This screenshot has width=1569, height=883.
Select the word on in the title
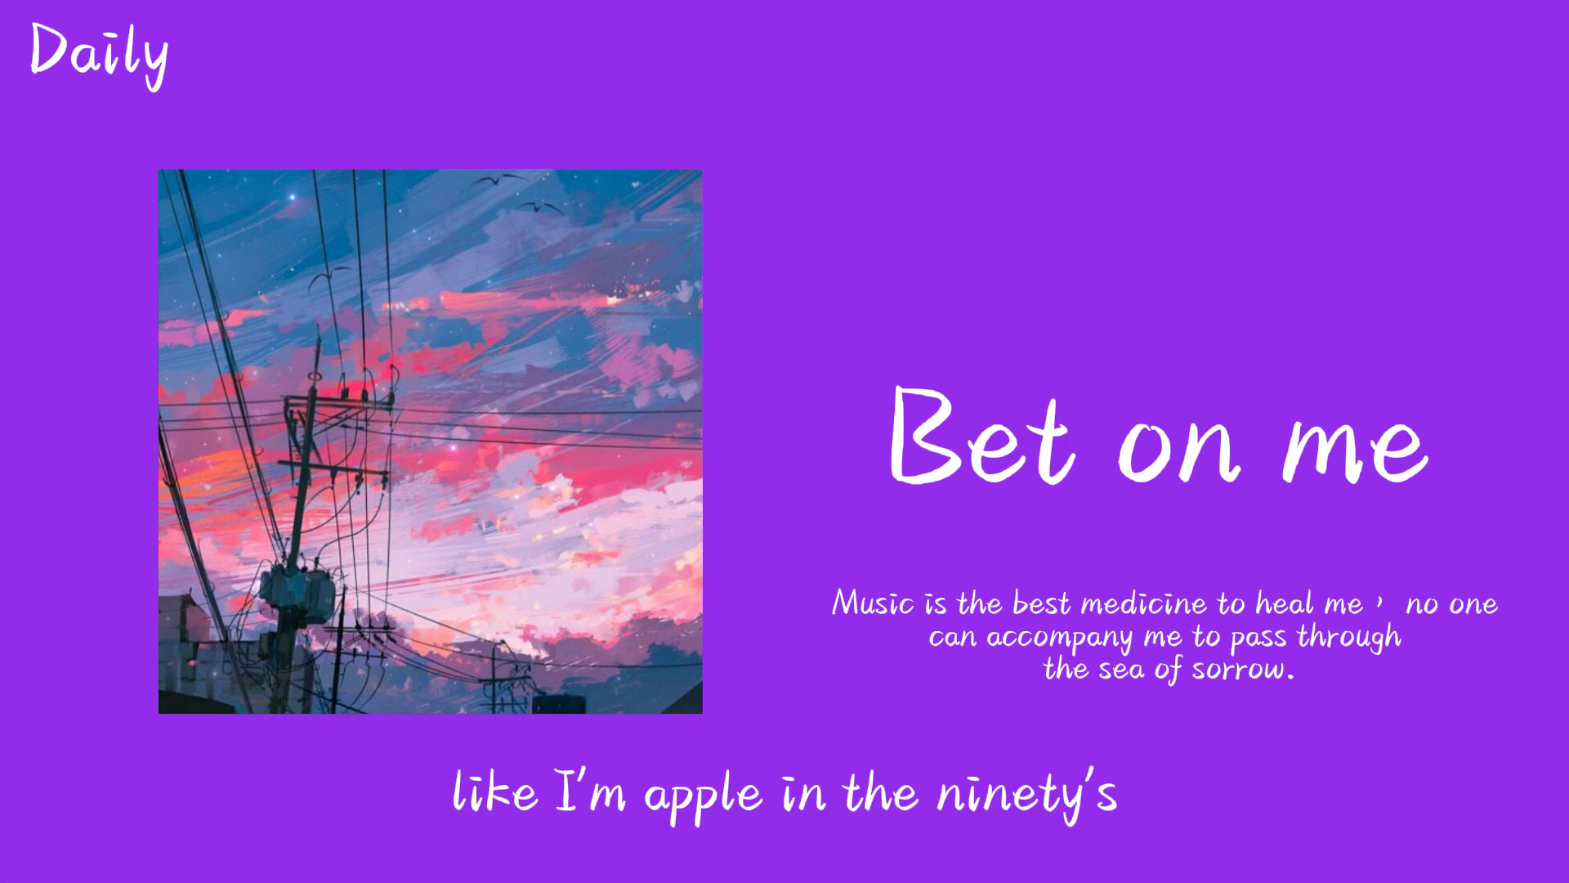click(1179, 450)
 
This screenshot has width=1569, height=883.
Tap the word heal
click(1285, 603)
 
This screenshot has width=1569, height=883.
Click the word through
click(1349, 637)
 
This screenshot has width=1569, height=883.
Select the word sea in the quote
click(1121, 670)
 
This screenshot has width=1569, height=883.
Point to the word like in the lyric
click(495, 791)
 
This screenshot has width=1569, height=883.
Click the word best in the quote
click(1041, 603)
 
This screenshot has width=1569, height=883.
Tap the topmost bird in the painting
click(500, 178)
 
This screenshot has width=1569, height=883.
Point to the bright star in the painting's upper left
click(292, 197)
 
